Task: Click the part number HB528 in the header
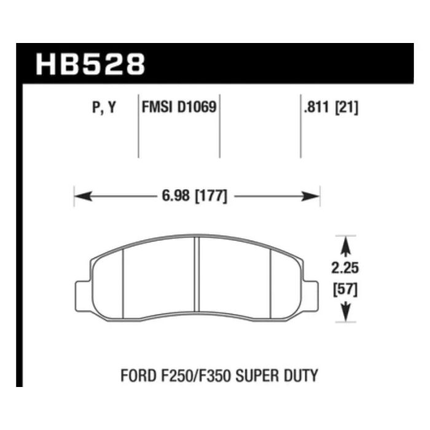[90, 64]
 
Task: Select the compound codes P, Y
[104, 107]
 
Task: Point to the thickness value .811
[316, 107]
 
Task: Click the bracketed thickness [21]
[347, 107]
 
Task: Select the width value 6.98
[176, 196]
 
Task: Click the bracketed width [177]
[211, 196]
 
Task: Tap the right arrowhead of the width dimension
[311, 197]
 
